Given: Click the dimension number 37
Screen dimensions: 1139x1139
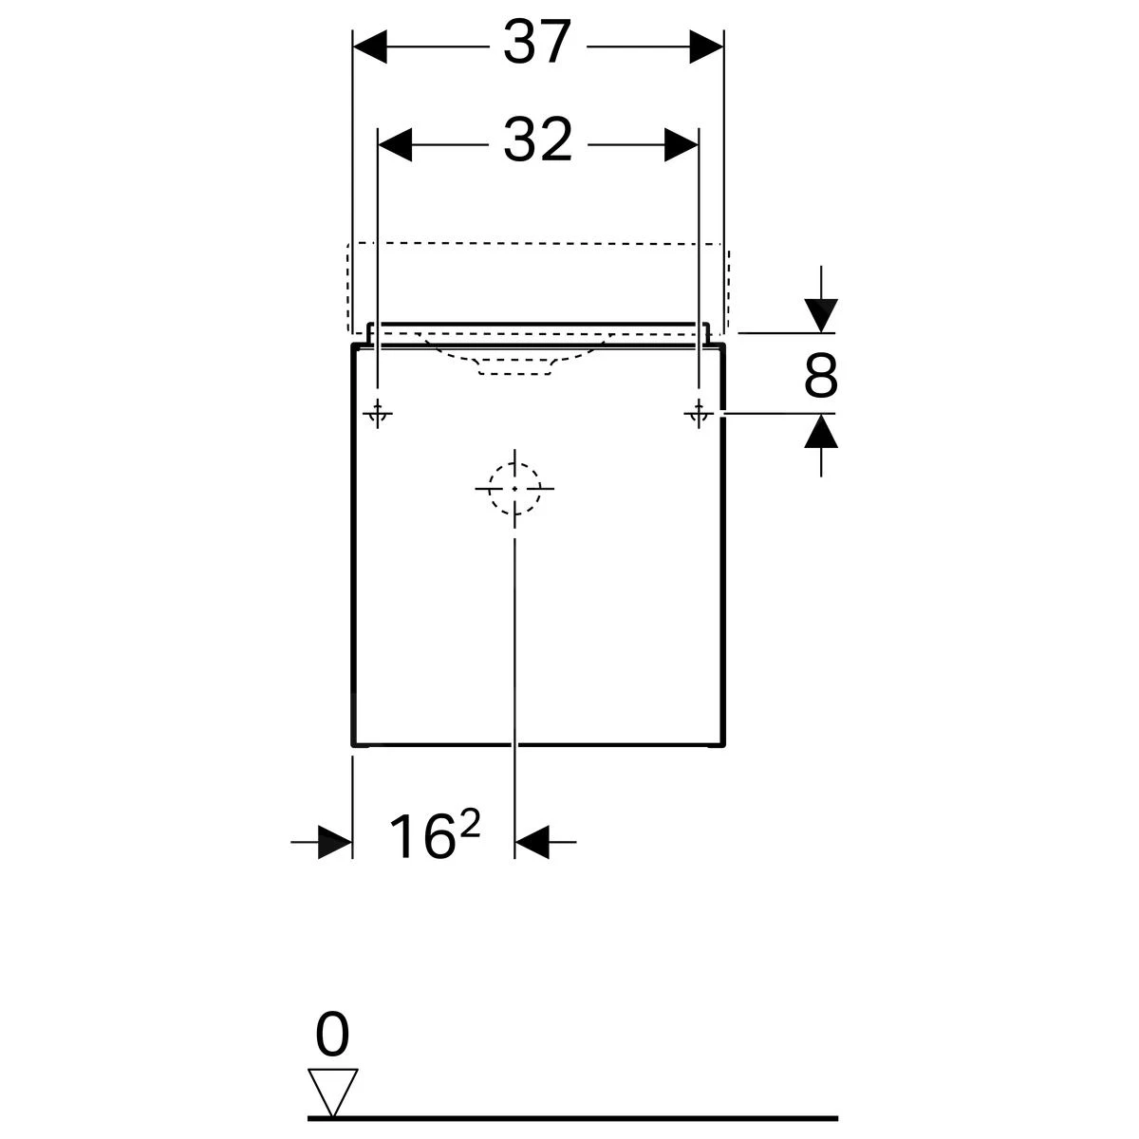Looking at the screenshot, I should [538, 44].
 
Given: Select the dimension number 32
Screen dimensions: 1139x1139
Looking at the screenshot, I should [538, 140].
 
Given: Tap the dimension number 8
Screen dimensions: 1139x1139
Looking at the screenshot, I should [820, 377].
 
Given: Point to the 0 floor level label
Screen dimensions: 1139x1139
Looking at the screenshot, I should [332, 1036].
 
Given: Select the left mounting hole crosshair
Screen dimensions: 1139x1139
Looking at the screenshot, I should [378, 414].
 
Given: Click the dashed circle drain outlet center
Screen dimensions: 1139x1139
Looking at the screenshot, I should [514, 488].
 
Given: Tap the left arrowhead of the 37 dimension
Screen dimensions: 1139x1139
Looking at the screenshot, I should [370, 45].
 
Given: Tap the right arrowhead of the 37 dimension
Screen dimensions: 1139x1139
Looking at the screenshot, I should [706, 45].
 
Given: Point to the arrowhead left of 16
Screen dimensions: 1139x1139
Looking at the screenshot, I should [335, 841].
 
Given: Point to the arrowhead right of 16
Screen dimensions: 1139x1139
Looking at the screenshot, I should [532, 841].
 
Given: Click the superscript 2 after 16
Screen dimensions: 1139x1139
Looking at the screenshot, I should [470, 825].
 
